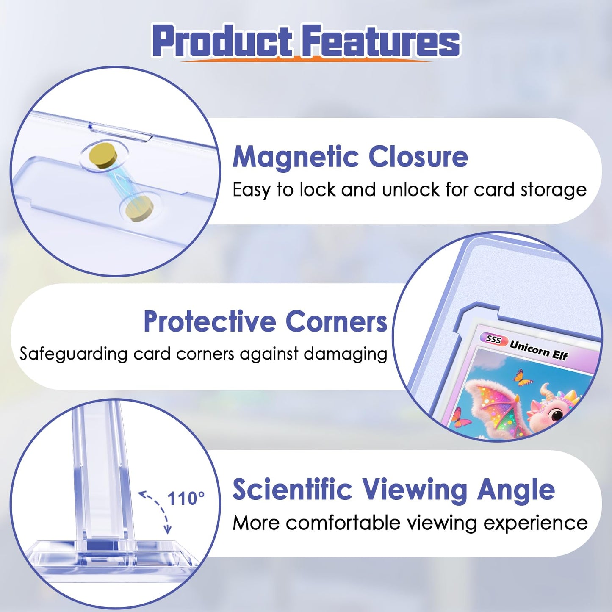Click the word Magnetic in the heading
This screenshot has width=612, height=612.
point(295,157)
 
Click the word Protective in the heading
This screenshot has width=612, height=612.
point(210,321)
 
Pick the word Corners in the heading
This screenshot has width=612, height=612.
point(336,321)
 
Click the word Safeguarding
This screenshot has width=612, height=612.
point(73,354)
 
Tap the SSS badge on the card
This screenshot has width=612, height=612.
point(493,339)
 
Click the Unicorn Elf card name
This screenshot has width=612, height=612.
point(538,350)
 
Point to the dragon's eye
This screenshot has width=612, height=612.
point(556,414)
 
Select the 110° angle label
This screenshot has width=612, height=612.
point(186,498)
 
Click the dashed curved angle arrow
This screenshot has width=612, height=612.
point(158,510)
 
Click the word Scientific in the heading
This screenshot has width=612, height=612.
point(292,490)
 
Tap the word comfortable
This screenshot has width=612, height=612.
point(343,523)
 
